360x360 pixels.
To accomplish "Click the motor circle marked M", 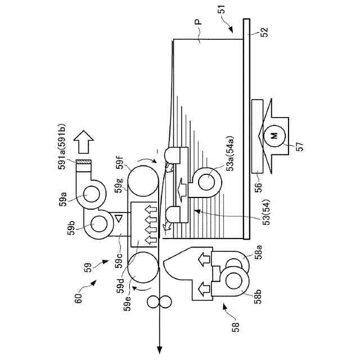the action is coord(274,136).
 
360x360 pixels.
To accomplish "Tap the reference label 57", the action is coord(300,146).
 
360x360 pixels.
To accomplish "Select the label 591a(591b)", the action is coord(62,147).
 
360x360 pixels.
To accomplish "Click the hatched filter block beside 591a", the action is coord(84,162).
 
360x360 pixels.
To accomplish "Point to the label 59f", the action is coord(120,163).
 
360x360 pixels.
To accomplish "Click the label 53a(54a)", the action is coord(230,154).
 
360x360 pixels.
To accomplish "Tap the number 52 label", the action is coord(264,33).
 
